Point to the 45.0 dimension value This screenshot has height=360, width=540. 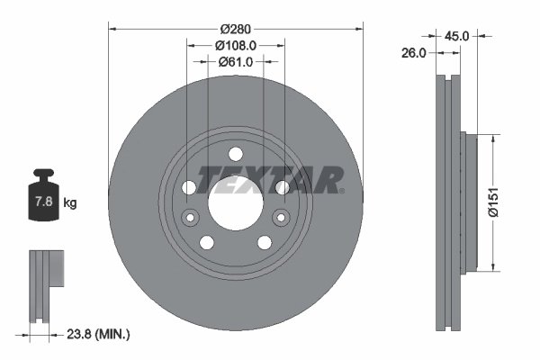[x=457, y=36]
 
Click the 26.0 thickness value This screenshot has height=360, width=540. [x=413, y=54]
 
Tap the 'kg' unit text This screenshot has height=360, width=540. [x=70, y=203]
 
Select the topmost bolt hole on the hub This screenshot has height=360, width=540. [x=235, y=153]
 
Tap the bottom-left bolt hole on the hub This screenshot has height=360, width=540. [x=207, y=242]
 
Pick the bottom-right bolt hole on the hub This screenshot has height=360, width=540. [x=264, y=242]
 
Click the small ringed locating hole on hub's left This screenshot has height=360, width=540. [x=190, y=217]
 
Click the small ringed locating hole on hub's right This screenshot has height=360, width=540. [x=281, y=217]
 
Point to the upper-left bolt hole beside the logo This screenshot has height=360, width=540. [x=189, y=187]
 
